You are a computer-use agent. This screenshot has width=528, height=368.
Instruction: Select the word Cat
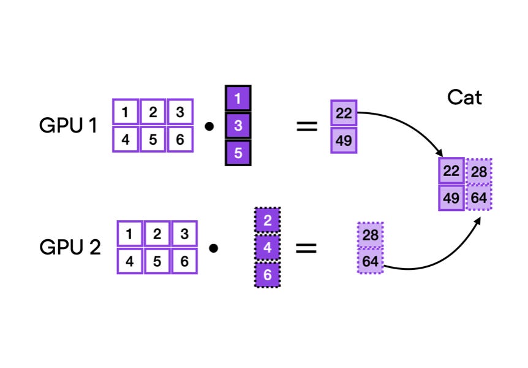pyautogui.click(x=464, y=97)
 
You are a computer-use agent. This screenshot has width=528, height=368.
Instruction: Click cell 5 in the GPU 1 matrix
pyautogui.click(x=153, y=139)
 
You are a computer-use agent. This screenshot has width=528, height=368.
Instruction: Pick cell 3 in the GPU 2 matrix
pyautogui.click(x=184, y=234)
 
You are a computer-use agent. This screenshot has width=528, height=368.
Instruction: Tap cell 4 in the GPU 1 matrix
pyautogui.click(x=126, y=139)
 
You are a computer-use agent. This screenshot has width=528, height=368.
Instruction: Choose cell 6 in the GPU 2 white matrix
pyautogui.click(x=184, y=261)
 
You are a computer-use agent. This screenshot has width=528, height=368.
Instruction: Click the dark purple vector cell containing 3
pyautogui.click(x=238, y=126)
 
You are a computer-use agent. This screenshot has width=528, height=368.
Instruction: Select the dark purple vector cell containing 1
pyautogui.click(x=238, y=98)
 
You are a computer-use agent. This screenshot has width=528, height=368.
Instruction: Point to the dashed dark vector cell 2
pyautogui.click(x=267, y=220)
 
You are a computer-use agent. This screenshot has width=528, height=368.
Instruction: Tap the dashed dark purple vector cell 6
pyautogui.click(x=267, y=275)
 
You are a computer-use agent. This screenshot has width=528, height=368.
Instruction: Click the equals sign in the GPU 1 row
pyautogui.click(x=307, y=127)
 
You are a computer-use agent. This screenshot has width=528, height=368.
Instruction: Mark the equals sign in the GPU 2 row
pyautogui.click(x=307, y=248)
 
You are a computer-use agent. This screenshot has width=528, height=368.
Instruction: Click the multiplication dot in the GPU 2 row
pyautogui.click(x=214, y=248)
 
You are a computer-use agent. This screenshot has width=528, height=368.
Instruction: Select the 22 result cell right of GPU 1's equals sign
pyautogui.click(x=344, y=113)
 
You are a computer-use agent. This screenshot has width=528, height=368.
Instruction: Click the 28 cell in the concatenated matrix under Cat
pyautogui.click(x=478, y=171)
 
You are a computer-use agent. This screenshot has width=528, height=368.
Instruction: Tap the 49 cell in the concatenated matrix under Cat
pyautogui.click(x=451, y=197)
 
